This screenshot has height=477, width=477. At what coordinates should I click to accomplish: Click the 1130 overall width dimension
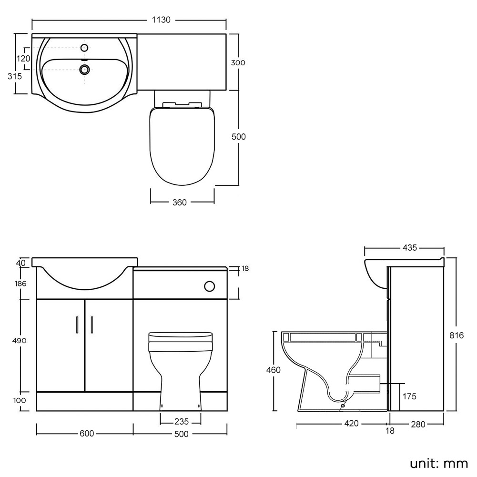(x=161, y=20)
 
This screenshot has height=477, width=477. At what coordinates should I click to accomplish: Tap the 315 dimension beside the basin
(x=15, y=76)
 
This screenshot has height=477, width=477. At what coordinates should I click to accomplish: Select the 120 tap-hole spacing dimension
(x=23, y=59)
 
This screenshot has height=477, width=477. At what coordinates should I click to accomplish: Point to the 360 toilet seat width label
(x=180, y=203)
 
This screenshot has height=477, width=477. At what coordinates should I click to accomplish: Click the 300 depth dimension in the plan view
(x=238, y=63)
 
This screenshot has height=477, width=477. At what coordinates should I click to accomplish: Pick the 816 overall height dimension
(x=457, y=335)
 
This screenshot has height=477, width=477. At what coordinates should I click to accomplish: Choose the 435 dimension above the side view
(x=410, y=248)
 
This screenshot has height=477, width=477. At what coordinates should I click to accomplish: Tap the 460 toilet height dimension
(x=273, y=370)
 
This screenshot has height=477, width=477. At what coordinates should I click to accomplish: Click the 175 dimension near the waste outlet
(x=409, y=396)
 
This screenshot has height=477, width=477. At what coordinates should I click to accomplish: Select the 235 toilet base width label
(x=182, y=422)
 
